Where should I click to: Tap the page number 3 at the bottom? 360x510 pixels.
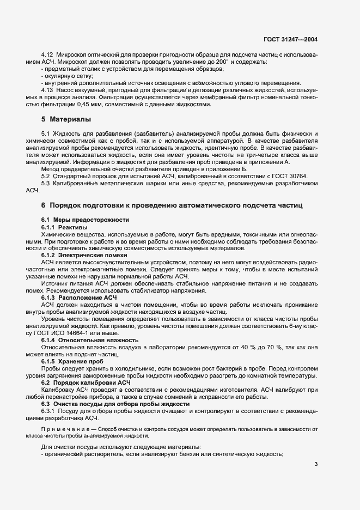click(316, 464)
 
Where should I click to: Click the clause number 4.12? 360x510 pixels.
click(48, 56)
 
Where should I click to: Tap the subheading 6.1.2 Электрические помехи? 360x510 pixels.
click(84, 256)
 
